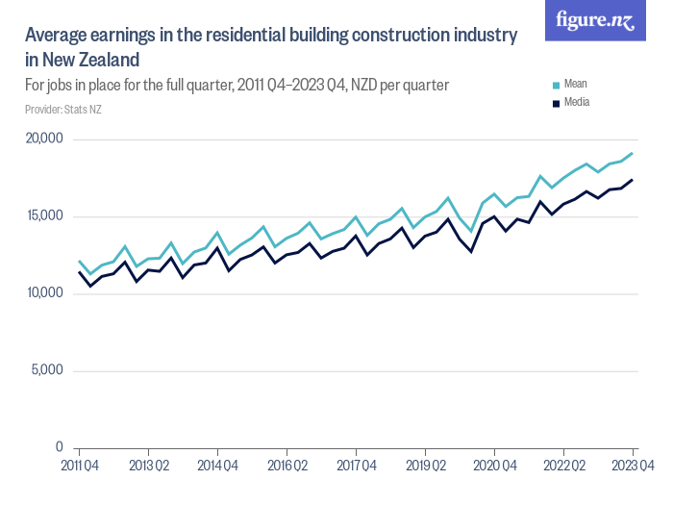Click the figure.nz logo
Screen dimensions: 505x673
pyautogui.click(x=596, y=20)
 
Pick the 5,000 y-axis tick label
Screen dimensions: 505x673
pyautogui.click(x=46, y=371)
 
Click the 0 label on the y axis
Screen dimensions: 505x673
pyautogui.click(x=59, y=448)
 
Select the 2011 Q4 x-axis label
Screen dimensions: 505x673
pyautogui.click(x=79, y=467)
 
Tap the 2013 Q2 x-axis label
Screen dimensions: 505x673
pyautogui.click(x=148, y=467)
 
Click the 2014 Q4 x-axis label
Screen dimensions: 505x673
pyautogui.click(x=217, y=467)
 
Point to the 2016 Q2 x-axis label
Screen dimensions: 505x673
pyautogui.click(x=287, y=467)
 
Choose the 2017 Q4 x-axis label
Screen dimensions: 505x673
pyautogui.click(x=356, y=467)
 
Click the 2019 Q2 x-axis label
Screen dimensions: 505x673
pyautogui.click(x=425, y=467)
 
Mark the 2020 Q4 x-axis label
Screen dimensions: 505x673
pyautogui.click(x=494, y=467)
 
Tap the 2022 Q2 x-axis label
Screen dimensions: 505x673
pyautogui.click(x=563, y=467)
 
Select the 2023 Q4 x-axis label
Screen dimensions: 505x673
pyautogui.click(x=631, y=467)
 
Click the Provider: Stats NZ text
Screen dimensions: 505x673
pyautogui.click(x=62, y=110)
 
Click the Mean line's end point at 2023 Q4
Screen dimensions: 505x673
pyautogui.click(x=633, y=153)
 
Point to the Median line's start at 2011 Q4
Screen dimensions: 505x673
pyautogui.click(x=79, y=272)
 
